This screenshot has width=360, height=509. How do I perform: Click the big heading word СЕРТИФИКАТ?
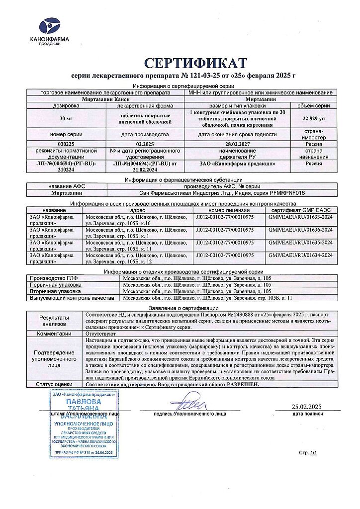pos(195,64)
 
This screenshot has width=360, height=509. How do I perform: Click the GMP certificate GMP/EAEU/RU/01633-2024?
pos(300,217)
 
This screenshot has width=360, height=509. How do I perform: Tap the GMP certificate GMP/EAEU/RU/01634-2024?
pos(300,255)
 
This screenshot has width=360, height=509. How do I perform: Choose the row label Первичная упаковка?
pos(56,285)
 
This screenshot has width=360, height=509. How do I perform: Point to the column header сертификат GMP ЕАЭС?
pos(300,210)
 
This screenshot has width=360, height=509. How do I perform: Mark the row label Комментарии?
pos(54,335)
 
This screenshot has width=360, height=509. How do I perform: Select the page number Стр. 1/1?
pos(307,453)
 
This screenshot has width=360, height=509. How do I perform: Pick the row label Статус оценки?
pos(54,384)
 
